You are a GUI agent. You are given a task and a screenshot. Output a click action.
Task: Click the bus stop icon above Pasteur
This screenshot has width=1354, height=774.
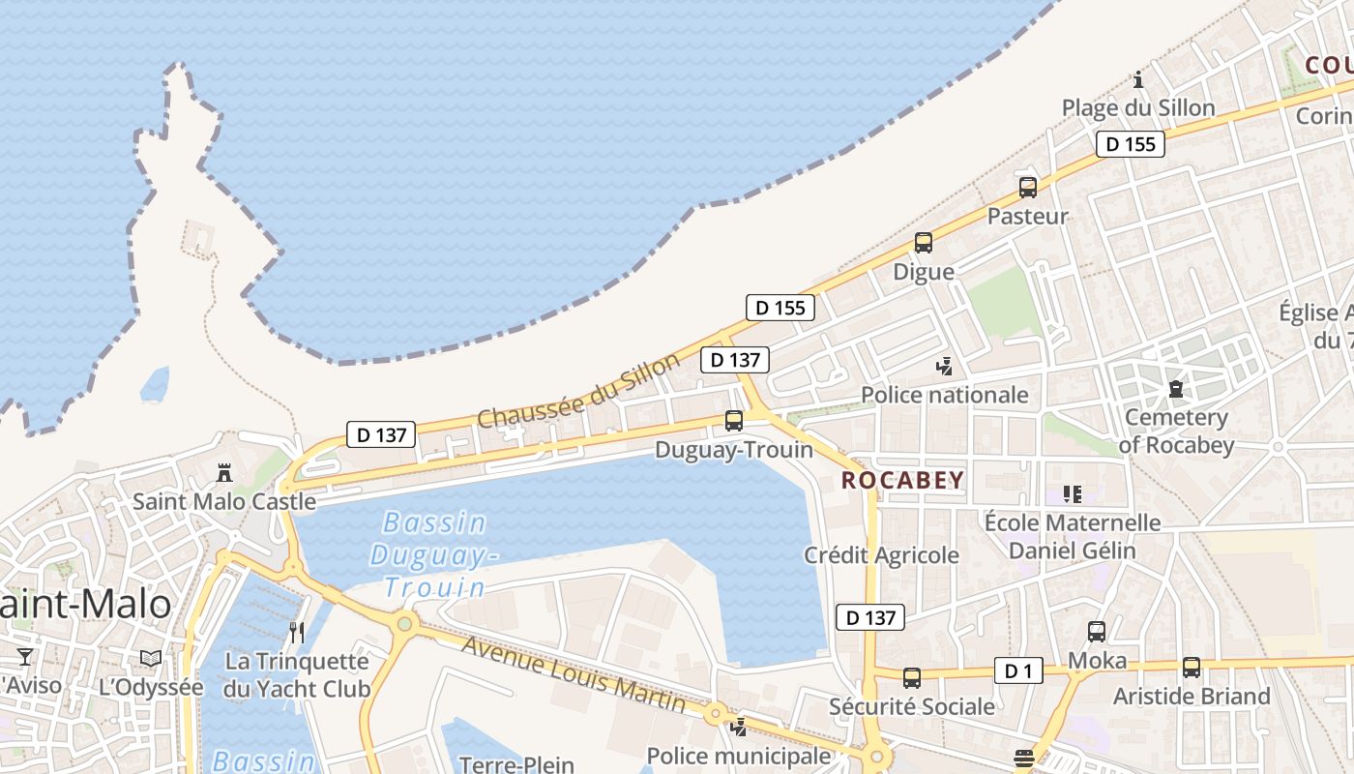(x=1027, y=188)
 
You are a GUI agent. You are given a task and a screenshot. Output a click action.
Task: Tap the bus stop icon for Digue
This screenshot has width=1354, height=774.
(x=924, y=243)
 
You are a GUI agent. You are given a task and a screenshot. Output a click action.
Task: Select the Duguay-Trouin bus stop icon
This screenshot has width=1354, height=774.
(x=734, y=421)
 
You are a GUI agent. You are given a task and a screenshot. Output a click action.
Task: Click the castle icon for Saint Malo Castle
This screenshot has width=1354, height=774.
(x=224, y=473)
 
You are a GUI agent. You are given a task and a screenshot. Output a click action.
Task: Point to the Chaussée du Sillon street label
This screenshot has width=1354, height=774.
(x=579, y=392)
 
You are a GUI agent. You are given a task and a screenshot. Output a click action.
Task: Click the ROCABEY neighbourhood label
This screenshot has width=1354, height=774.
(x=902, y=480)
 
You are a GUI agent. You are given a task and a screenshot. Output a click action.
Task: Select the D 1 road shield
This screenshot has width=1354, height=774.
(x=1018, y=670)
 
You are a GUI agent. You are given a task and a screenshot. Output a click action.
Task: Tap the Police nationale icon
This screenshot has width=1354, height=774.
(x=944, y=367)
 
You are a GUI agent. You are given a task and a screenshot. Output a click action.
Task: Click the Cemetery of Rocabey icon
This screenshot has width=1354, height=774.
(x=1175, y=389)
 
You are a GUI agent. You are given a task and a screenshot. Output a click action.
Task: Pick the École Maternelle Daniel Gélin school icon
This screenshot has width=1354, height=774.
(x=1072, y=494)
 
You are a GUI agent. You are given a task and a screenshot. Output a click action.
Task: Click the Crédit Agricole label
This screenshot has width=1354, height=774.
(x=881, y=555)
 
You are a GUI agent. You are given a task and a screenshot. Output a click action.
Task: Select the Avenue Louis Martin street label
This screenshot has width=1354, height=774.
(x=574, y=673)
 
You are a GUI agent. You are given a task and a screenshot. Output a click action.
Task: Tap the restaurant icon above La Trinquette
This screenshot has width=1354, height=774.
(x=297, y=633)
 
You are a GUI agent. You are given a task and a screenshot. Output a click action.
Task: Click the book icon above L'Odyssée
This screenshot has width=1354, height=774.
(x=150, y=658)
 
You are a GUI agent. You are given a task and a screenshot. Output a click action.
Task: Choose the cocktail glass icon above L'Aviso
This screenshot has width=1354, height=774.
(x=25, y=658)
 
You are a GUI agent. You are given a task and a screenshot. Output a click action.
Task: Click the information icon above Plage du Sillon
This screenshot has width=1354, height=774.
(x=1138, y=79)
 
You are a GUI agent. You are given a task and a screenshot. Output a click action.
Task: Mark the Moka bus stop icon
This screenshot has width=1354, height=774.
(x=1096, y=632)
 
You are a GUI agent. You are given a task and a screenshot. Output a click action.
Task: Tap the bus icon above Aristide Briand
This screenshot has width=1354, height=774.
(x=1191, y=668)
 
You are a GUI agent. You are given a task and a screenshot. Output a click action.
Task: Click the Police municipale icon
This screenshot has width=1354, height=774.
(x=739, y=727)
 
